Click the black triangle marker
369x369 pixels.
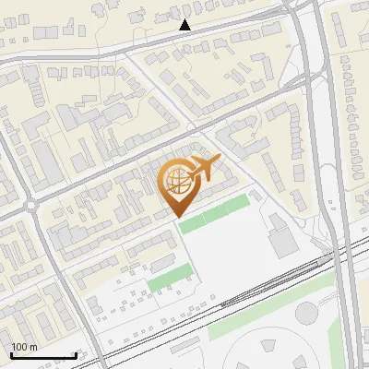[x=185, y=25]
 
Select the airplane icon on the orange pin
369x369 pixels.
[x=205, y=169]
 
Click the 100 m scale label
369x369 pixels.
[x=24, y=347]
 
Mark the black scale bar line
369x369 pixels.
[x=43, y=355]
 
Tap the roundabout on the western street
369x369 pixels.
[x=31, y=205]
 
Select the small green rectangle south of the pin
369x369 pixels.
[x=170, y=276]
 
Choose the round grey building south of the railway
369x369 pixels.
[x=307, y=313]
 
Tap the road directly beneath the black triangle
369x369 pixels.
[x=185, y=37]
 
